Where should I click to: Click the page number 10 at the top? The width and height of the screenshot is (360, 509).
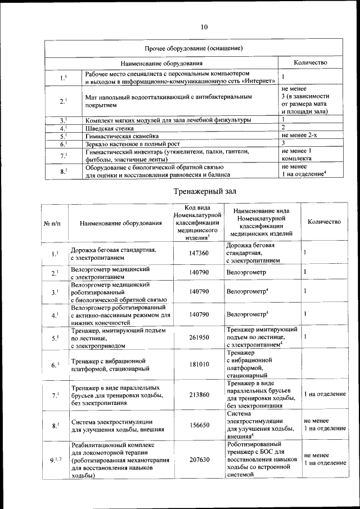point(204,26)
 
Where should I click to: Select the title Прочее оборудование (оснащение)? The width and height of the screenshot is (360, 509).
point(193,48)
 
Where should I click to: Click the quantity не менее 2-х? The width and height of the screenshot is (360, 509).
point(303,136)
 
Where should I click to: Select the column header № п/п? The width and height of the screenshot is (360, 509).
point(53,223)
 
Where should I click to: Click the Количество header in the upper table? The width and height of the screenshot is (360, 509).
point(310,62)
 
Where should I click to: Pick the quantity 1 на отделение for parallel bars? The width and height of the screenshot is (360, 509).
point(325,394)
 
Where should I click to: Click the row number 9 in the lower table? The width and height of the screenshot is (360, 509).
point(53,460)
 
